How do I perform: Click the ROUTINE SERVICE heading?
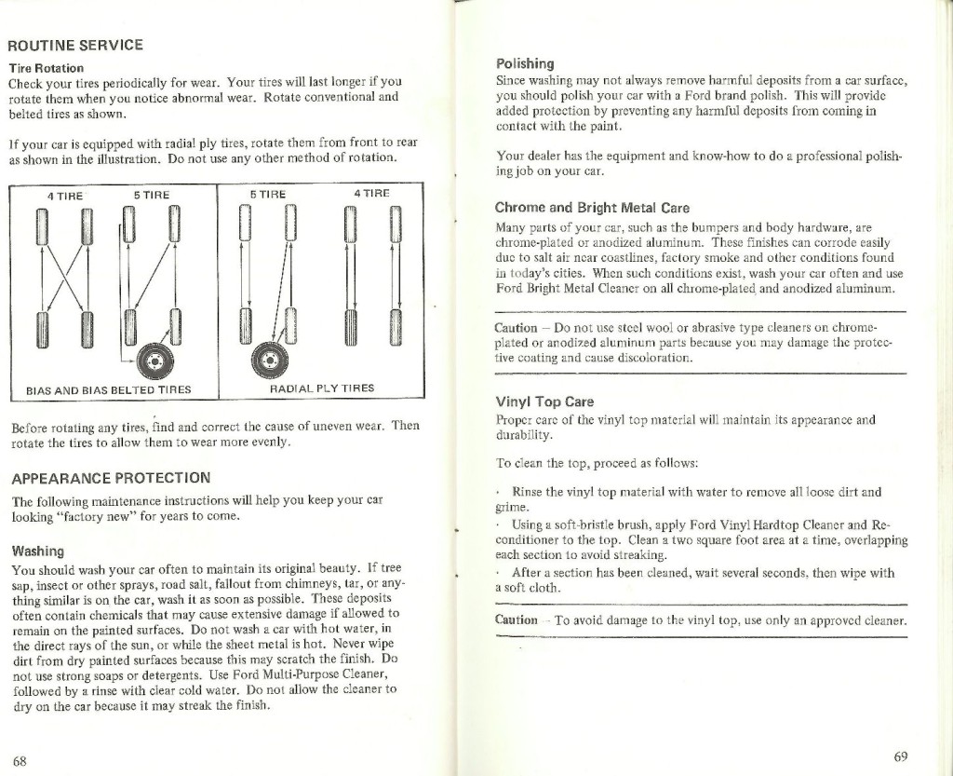tap(75, 45)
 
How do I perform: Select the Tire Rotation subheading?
tap(47, 68)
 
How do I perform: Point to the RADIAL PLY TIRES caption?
tap(322, 388)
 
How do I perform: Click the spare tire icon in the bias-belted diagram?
tap(150, 358)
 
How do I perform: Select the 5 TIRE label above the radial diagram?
tap(267, 195)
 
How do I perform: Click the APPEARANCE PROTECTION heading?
tap(111, 478)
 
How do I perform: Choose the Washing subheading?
tap(38, 551)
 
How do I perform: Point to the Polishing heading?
tap(525, 63)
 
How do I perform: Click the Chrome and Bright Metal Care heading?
tap(592, 207)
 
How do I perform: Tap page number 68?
tap(20, 760)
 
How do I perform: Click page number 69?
tap(900, 756)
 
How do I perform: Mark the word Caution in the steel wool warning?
tap(516, 328)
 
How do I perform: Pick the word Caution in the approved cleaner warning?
tap(517, 619)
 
